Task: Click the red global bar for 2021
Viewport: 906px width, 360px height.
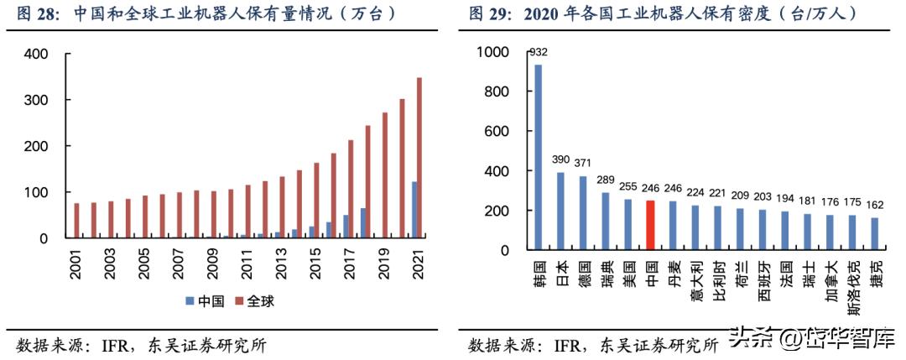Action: point(419,159)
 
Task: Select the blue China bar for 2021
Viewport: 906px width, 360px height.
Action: point(414,210)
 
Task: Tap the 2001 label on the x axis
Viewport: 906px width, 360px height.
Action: point(75,259)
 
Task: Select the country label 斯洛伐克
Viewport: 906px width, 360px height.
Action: point(853,284)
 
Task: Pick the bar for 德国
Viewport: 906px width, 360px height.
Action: point(583,213)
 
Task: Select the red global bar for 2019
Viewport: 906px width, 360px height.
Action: point(385,175)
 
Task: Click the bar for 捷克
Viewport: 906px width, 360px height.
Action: point(876,234)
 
